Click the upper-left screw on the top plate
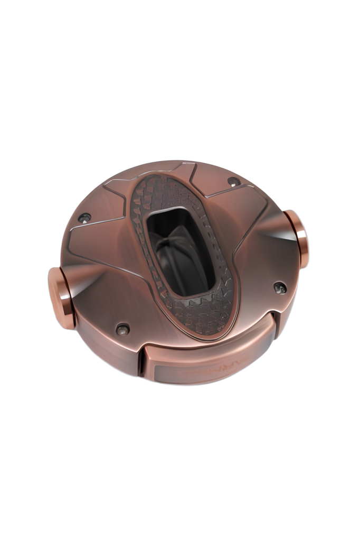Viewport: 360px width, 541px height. pos(83,218)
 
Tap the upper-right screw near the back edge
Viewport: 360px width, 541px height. pos(234,182)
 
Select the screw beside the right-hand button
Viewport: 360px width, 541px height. pos(280,287)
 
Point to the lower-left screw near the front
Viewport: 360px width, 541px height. pos(122,329)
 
